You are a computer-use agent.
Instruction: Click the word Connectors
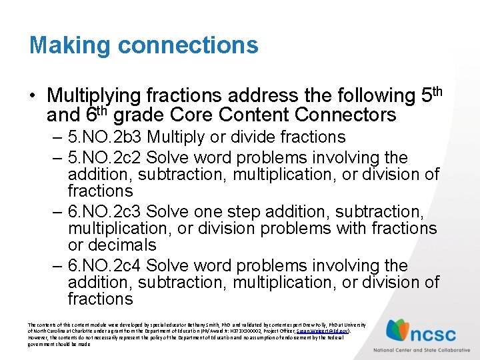click(x=347, y=115)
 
